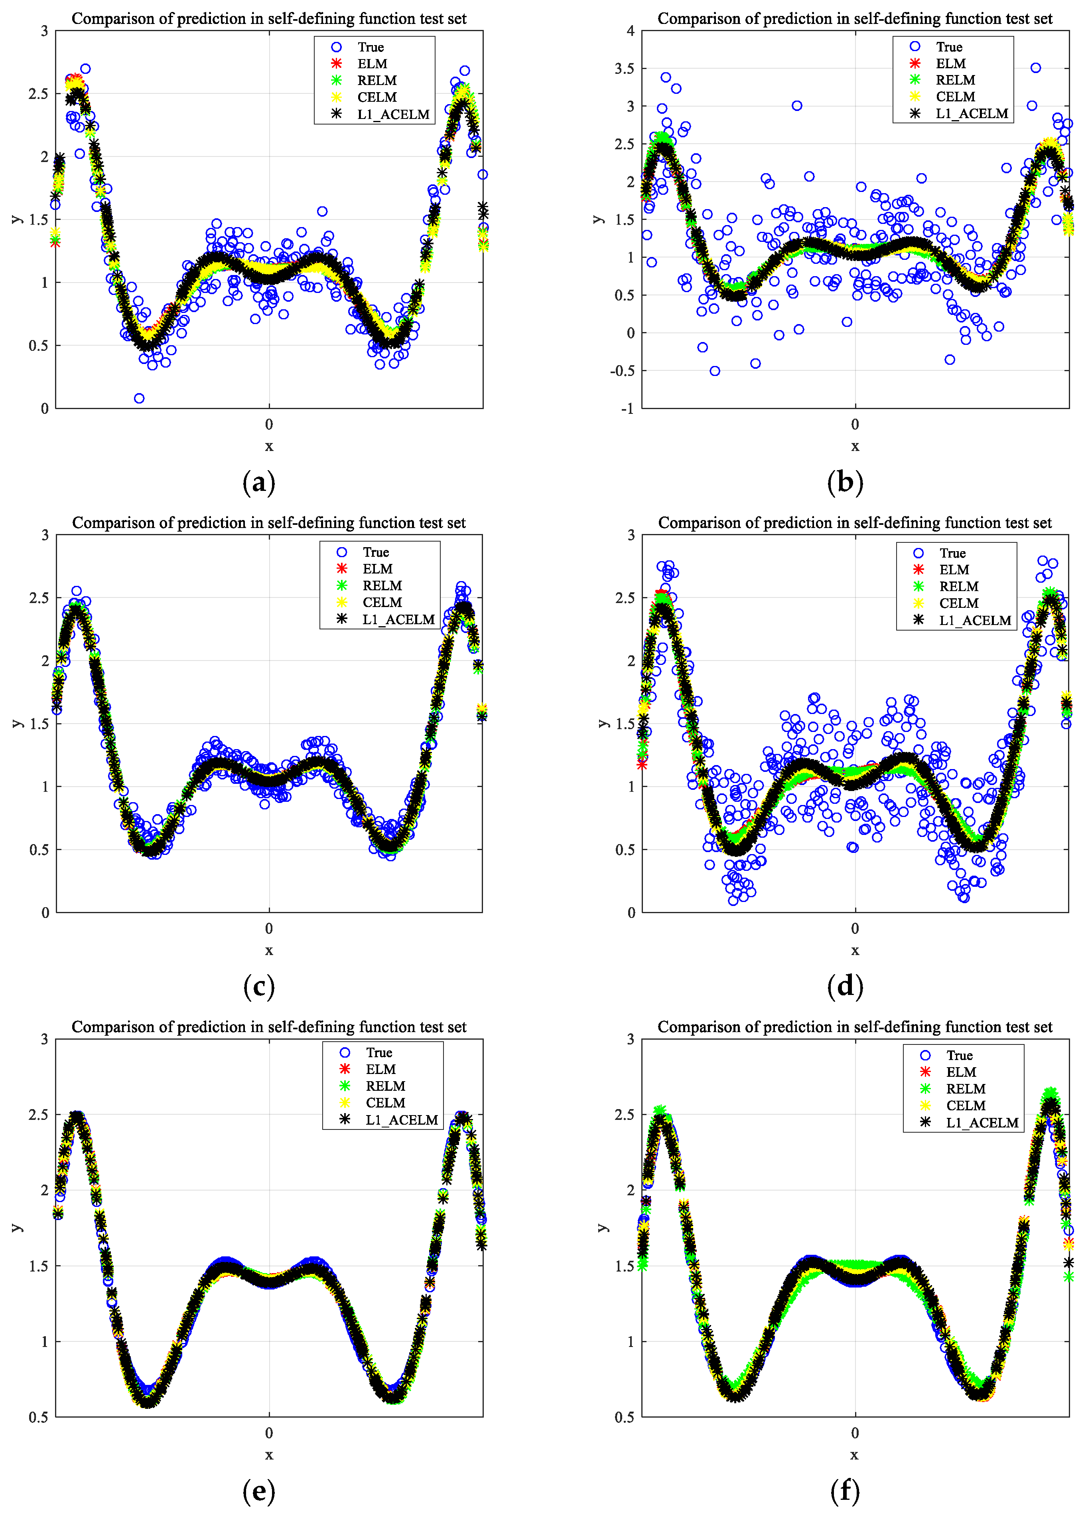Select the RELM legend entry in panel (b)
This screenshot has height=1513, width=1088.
pos(955,80)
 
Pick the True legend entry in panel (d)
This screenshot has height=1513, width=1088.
pos(952,553)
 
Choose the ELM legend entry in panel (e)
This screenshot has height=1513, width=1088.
pos(380,1069)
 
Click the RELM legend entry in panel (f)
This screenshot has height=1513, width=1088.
pos(965,1089)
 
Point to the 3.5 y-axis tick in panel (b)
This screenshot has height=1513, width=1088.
pos(624,69)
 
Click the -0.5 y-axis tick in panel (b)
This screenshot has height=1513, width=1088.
pos(621,371)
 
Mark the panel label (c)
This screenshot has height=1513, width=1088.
pos(259,987)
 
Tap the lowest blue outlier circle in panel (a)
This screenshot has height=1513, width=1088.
pos(139,398)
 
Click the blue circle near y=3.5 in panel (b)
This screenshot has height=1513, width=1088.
pos(1035,68)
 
